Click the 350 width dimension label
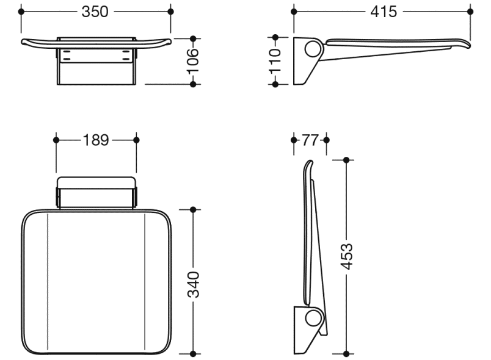point(95,12)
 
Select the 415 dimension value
point(384,12)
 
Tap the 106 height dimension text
point(193,61)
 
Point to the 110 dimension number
point(275,60)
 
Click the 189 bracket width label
point(96,140)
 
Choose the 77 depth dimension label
point(310,140)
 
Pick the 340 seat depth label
point(193,284)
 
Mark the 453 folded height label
point(346,256)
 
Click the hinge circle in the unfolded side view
point(313,49)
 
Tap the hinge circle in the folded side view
point(313,318)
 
